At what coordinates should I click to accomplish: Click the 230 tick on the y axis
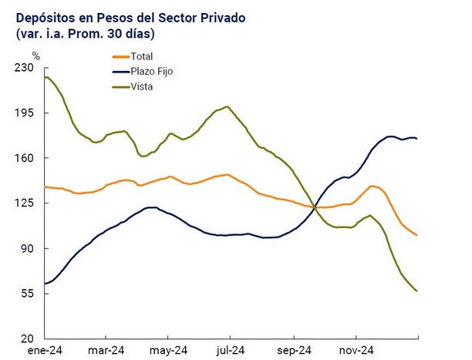pos(25,68)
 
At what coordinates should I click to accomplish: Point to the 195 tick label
pos(25,113)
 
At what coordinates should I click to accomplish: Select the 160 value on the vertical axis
pos(25,158)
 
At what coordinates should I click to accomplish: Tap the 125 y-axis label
pos(25,204)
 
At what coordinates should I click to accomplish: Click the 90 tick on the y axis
pos(28,248)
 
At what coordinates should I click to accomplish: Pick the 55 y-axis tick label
pos(28,294)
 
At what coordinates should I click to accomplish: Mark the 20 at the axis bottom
pos(28,339)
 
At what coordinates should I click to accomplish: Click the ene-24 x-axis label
pos(46,349)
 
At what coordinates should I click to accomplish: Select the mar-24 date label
pos(107,349)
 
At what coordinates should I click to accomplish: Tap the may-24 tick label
pos(170,349)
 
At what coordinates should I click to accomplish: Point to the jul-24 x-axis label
pos(231,349)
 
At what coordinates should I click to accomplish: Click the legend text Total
pos(143,56)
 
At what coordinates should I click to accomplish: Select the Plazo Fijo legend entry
pos(153,71)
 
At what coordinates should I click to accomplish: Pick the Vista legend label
pos(142,86)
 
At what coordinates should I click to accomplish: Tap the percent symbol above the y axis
pos(35,56)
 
